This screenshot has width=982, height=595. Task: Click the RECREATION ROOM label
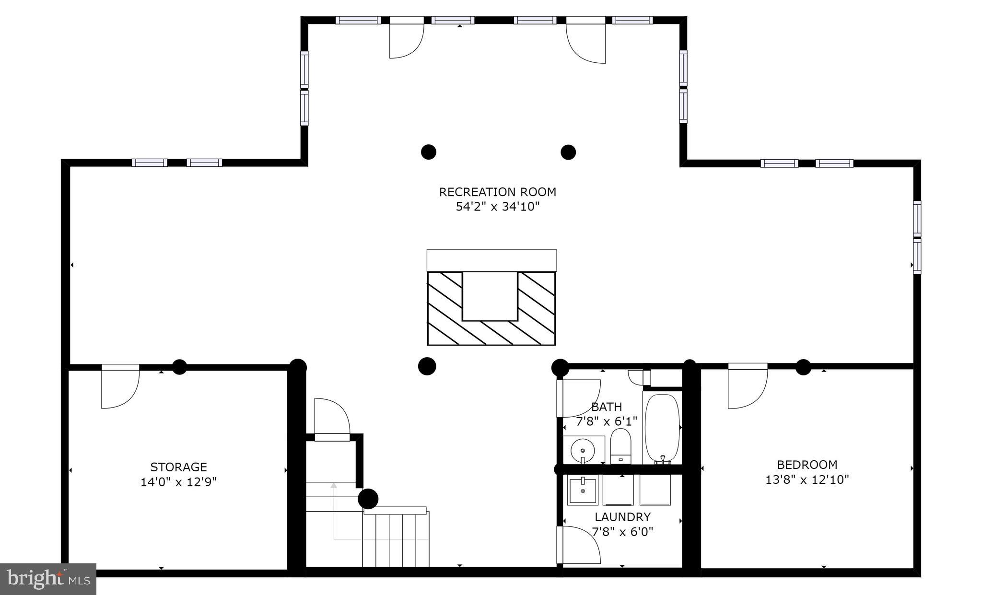pos(497,192)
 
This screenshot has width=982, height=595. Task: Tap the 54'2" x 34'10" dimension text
pos(497,207)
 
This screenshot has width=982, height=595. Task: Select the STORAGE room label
pos(178,467)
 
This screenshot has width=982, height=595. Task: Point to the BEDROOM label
pos(807,465)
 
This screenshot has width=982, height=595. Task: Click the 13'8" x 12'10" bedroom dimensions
pos(807,479)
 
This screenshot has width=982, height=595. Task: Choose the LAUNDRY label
pos(622,517)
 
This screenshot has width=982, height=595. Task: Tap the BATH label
pos(607,407)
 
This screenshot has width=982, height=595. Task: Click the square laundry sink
pos(583,490)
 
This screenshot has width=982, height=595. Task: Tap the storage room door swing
pos(120,388)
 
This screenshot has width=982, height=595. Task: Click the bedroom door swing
pos(747,388)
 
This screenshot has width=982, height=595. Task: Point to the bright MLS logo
pos(48,579)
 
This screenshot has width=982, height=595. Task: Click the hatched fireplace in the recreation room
pos(491,308)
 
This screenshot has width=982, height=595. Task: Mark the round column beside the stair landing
pos(368,499)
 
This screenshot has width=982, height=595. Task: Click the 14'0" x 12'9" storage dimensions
pos(178,482)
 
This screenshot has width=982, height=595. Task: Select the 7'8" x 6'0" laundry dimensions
pos(622,532)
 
